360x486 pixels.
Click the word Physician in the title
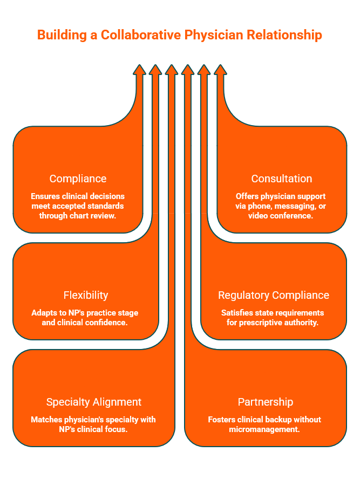point(211,35)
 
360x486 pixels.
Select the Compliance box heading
point(78,179)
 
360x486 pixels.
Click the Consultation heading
point(282,179)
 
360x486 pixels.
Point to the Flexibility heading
point(85,295)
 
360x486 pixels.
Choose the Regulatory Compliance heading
point(274,295)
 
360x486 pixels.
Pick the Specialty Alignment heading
point(94,402)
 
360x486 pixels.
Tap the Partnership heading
point(266,402)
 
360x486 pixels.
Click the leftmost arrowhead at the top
point(139,70)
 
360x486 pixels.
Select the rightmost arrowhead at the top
point(220,70)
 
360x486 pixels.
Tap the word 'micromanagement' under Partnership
point(265,429)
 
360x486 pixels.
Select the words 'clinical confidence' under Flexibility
point(100,323)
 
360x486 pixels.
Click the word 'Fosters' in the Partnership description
point(221,420)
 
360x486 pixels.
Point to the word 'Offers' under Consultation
point(248,196)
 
